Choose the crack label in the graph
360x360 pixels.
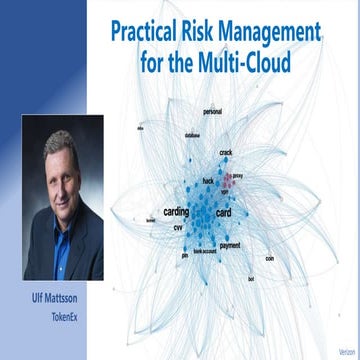(x=226, y=152)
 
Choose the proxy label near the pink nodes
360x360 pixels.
(x=238, y=175)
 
